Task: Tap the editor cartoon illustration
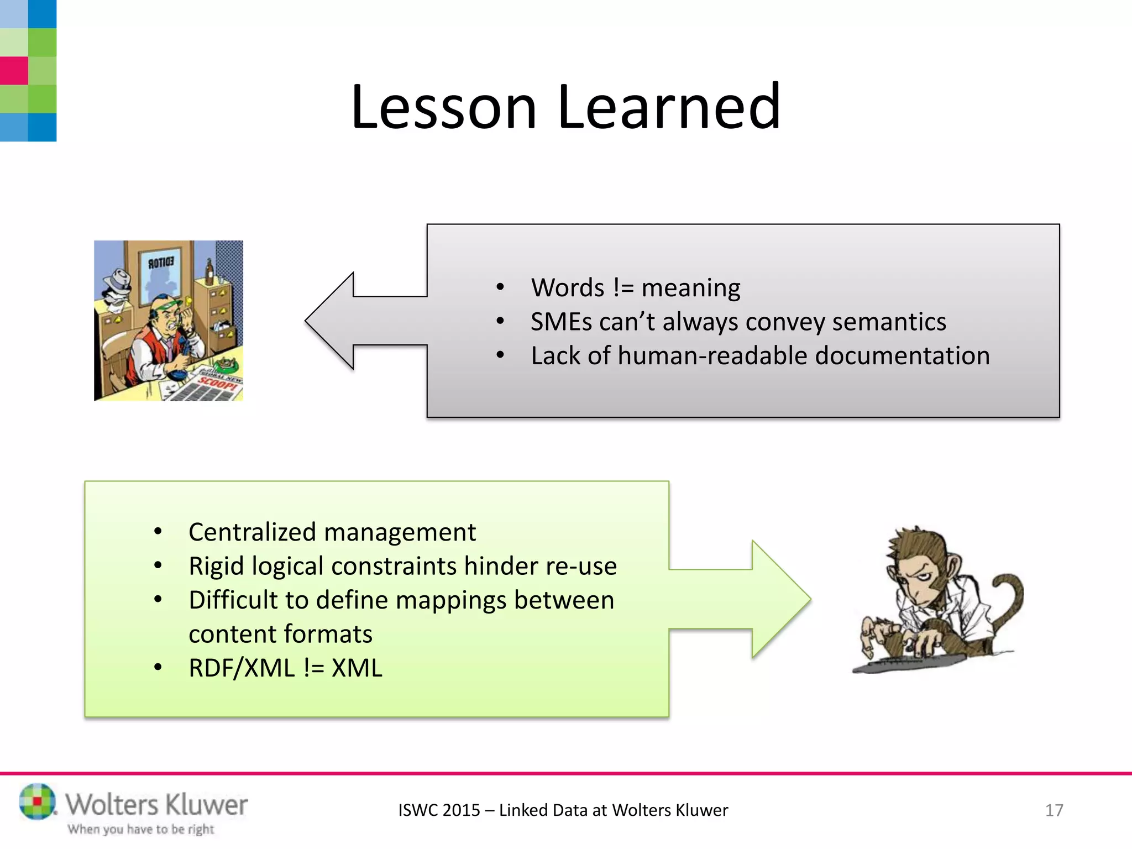[169, 321]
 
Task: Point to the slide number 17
[1054, 810]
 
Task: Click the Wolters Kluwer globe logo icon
[38, 801]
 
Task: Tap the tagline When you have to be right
[141, 829]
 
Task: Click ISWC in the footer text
[418, 810]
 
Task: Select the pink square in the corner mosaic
[14, 71]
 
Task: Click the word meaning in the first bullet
[690, 288]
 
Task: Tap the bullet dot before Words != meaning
[500, 287]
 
